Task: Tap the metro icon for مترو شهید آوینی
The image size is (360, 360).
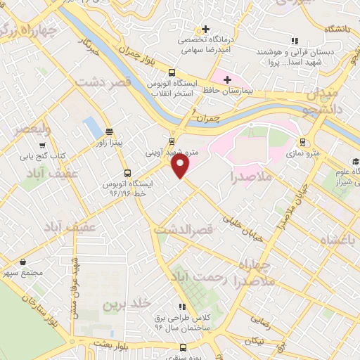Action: [x=173, y=140]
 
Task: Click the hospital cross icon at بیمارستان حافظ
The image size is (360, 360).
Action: [x=227, y=79]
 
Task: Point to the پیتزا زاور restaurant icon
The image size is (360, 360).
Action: [x=109, y=131]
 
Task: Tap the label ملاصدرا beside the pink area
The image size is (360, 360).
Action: [x=251, y=176]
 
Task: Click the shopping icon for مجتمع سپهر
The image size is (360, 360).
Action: [x=23, y=262]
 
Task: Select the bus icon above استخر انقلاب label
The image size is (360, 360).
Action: [x=172, y=72]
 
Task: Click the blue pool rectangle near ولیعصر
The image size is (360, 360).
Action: [x=91, y=128]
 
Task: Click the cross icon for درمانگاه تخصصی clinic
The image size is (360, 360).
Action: [x=205, y=30]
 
